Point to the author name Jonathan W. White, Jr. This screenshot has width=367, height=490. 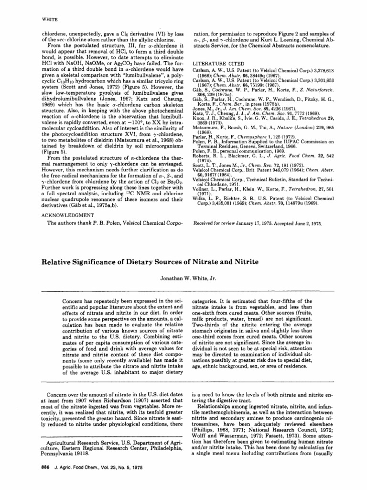183,277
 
